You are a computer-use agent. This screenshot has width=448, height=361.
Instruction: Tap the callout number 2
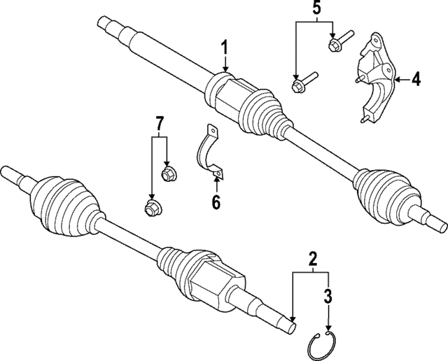point(313,258)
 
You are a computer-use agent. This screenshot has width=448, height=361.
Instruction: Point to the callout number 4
point(416,81)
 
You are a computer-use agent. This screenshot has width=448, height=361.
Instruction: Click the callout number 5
point(316,9)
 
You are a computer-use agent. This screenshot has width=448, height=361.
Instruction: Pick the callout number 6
point(216,202)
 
